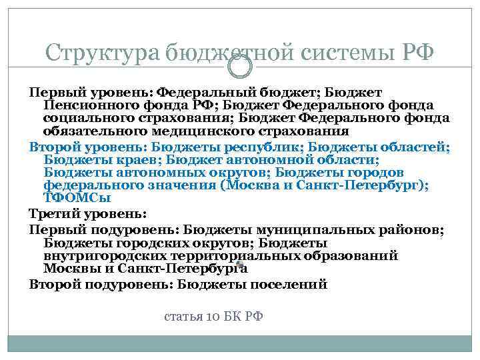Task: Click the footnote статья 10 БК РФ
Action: (x=213, y=316)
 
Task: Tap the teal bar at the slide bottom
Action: (x=239, y=344)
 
